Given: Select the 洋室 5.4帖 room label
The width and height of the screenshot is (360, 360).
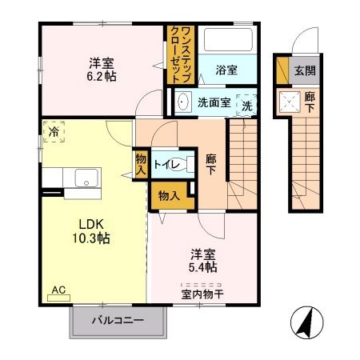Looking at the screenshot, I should click(x=204, y=260).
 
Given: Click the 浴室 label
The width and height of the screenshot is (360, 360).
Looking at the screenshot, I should click(x=226, y=70).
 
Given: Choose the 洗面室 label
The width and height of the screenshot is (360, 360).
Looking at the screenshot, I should click(x=214, y=102).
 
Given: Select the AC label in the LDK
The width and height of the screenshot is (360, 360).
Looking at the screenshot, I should click(x=58, y=290).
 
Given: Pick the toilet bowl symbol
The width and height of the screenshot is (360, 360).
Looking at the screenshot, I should click(x=182, y=165).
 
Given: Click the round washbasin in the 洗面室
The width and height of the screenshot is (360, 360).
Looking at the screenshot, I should click(x=182, y=102).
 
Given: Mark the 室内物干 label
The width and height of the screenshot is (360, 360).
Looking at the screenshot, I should click(x=202, y=293).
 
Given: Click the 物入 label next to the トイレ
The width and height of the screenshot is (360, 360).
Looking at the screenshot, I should click(x=140, y=163).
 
